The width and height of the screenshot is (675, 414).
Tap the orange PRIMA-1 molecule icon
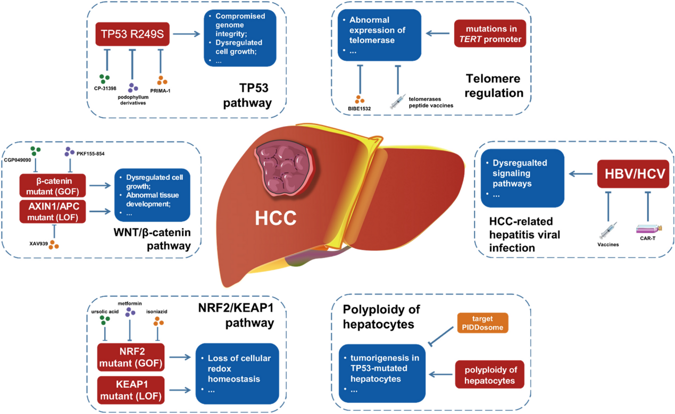pos(162,81)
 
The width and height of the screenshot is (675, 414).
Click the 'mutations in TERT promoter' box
pos(490,34)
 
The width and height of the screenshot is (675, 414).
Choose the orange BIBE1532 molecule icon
pos(360,98)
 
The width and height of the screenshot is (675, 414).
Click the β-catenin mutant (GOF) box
pos(52,185)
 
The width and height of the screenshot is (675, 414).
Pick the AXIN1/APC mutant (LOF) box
pos(52,211)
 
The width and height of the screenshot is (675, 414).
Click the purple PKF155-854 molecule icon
pos(69,152)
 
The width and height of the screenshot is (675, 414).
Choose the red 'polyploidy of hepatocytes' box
pos(489,374)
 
